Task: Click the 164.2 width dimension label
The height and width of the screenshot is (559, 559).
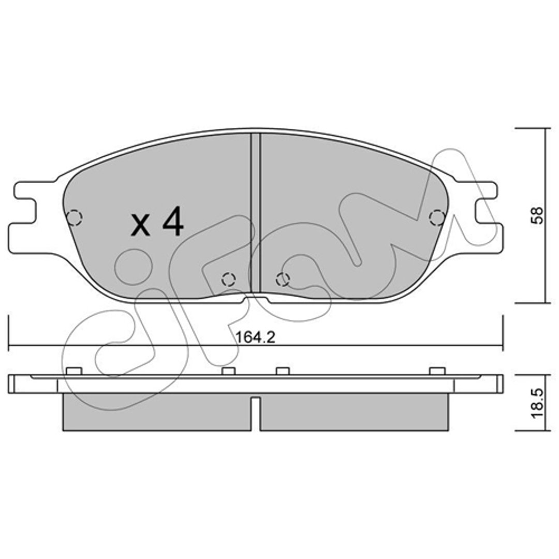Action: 256,337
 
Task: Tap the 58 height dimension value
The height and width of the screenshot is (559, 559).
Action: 537,215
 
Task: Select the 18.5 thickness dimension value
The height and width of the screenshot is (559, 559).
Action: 537,403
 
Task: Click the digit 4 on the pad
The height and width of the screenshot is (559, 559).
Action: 173,221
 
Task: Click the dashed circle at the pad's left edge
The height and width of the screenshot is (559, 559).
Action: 75,217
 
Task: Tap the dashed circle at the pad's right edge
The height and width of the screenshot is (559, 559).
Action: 437,217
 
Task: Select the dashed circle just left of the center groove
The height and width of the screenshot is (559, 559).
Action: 228,279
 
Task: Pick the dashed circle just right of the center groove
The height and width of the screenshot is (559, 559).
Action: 283,279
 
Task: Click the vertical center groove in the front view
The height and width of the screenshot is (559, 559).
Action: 256,213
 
